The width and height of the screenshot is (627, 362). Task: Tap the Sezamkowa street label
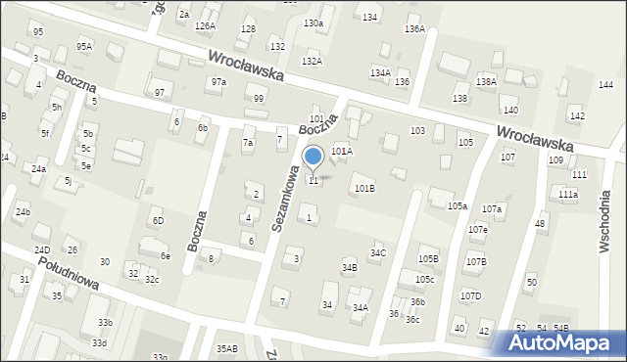pos(281,200)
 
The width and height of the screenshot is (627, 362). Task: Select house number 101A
pos(341,151)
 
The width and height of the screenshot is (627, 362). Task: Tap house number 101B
pos(364,188)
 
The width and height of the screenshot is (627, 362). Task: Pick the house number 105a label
pos(458,205)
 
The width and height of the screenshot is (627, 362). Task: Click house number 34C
pos(378,253)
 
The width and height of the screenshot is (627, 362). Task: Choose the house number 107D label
pos(471,295)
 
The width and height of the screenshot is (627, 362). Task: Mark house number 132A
pos(312,62)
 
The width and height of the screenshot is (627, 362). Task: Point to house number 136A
pos(414,29)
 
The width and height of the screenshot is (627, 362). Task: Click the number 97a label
pos(217,82)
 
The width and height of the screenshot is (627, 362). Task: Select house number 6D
pos(158,221)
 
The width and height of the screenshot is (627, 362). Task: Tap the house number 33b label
pos(104,323)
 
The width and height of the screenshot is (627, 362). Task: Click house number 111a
pos(568,195)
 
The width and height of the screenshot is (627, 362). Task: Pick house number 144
pos(605,85)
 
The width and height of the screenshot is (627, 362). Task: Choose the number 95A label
pos(85,46)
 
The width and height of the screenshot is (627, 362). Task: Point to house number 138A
pos(486,82)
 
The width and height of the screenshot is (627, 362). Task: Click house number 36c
pos(413,320)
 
